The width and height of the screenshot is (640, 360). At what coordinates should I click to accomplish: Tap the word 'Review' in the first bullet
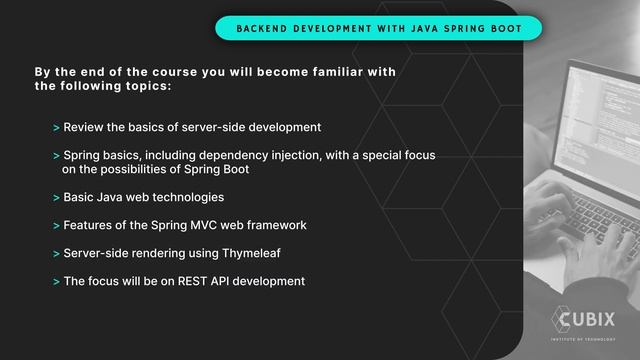pos(84,128)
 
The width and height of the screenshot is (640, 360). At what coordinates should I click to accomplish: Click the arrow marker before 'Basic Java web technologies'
pos(56,198)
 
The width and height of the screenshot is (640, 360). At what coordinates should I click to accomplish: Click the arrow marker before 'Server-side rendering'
pos(56,254)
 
